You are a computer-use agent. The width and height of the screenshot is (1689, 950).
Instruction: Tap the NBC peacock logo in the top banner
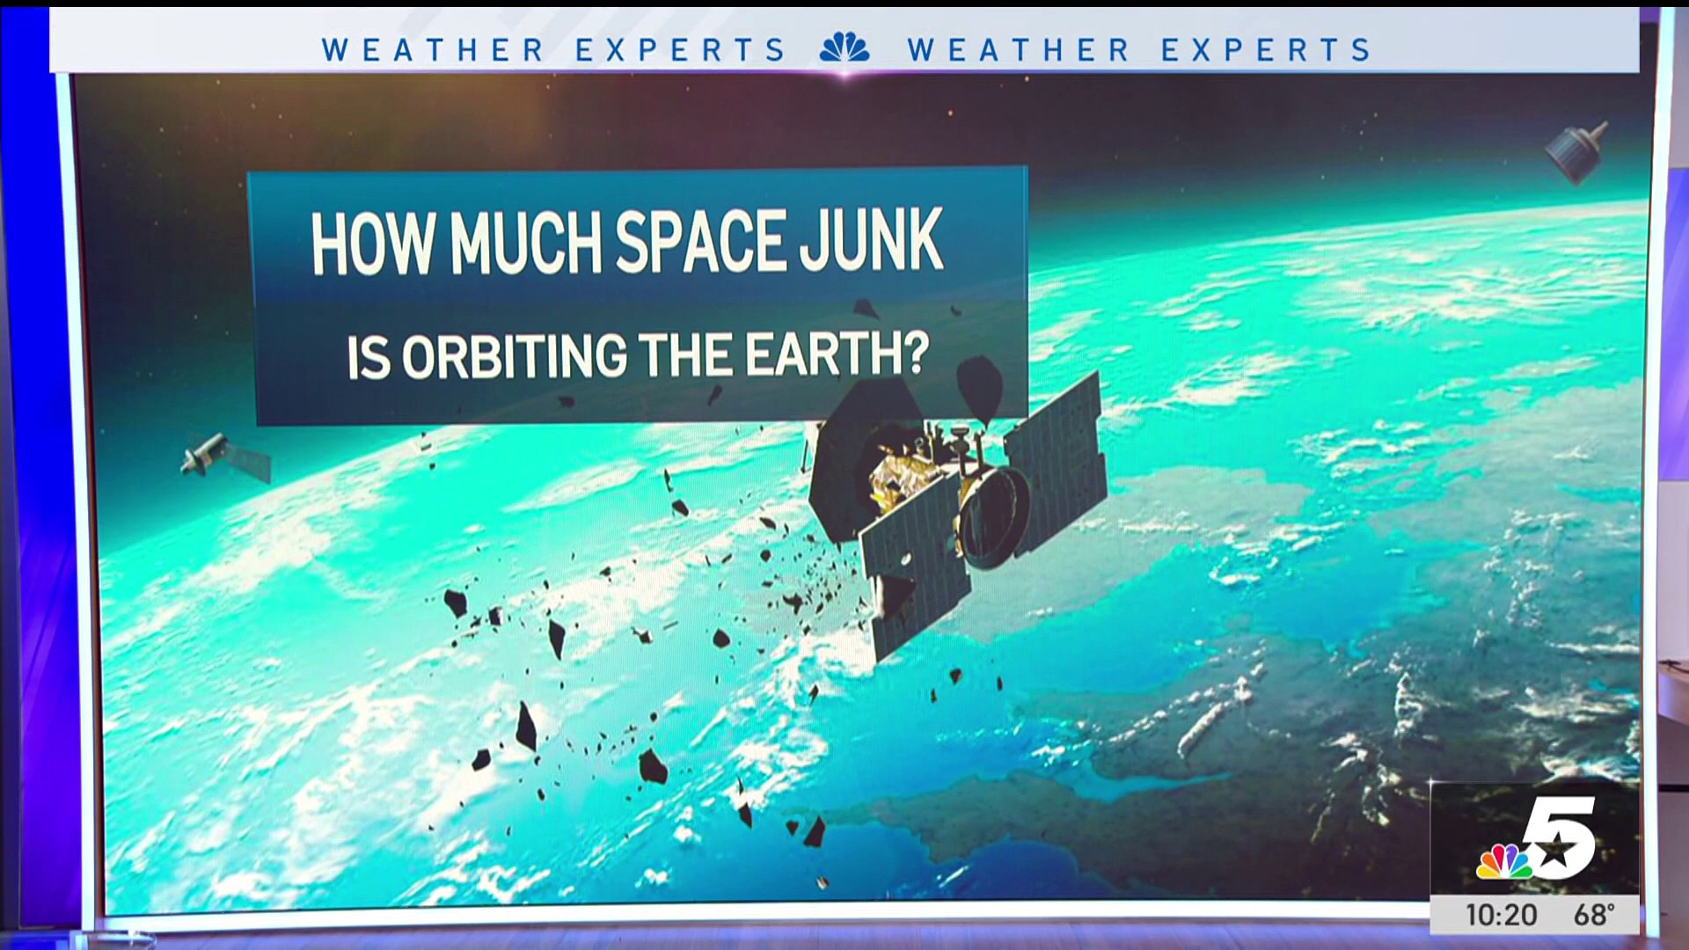(x=844, y=47)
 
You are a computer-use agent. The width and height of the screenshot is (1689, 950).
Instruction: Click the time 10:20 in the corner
(x=1502, y=915)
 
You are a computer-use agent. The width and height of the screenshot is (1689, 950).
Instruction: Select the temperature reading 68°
(x=1594, y=915)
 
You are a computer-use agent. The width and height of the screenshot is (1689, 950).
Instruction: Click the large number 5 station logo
(x=1559, y=836)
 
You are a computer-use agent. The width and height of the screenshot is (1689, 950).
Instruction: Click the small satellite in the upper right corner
(x=1576, y=152)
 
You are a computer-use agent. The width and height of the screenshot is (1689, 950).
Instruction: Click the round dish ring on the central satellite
(x=995, y=518)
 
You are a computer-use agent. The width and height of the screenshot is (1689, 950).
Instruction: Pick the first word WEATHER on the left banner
(x=433, y=50)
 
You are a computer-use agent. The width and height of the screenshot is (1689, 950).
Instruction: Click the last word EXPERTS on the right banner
(x=1266, y=50)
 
